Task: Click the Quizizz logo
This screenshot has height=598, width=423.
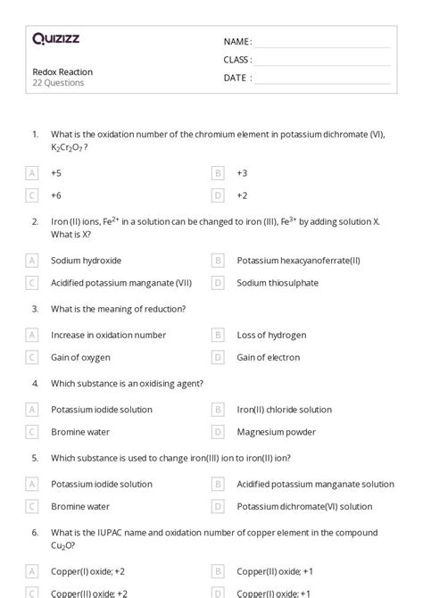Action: coord(55,38)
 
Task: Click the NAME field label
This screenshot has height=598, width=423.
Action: coord(237,42)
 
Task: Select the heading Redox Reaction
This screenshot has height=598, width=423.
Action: coord(62,71)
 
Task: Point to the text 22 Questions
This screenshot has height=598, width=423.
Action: coord(59,83)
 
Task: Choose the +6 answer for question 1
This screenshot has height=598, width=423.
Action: coord(56,195)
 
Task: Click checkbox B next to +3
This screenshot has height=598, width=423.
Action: coord(217,172)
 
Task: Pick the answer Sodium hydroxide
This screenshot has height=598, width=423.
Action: coord(86,261)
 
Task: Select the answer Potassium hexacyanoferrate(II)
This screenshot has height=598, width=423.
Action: coord(298,261)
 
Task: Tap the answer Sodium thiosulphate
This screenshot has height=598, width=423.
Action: coord(278,283)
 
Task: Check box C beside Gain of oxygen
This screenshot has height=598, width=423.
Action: coord(33,357)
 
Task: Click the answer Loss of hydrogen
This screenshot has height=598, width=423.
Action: coord(271,335)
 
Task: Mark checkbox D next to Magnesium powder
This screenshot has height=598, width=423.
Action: coord(217,432)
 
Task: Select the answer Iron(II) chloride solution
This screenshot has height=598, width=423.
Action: coord(284,410)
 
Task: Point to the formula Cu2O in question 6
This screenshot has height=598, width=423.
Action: coord(62,546)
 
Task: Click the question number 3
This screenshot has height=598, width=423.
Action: coord(35,309)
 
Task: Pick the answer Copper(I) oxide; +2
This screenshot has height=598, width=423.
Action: coord(88,570)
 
